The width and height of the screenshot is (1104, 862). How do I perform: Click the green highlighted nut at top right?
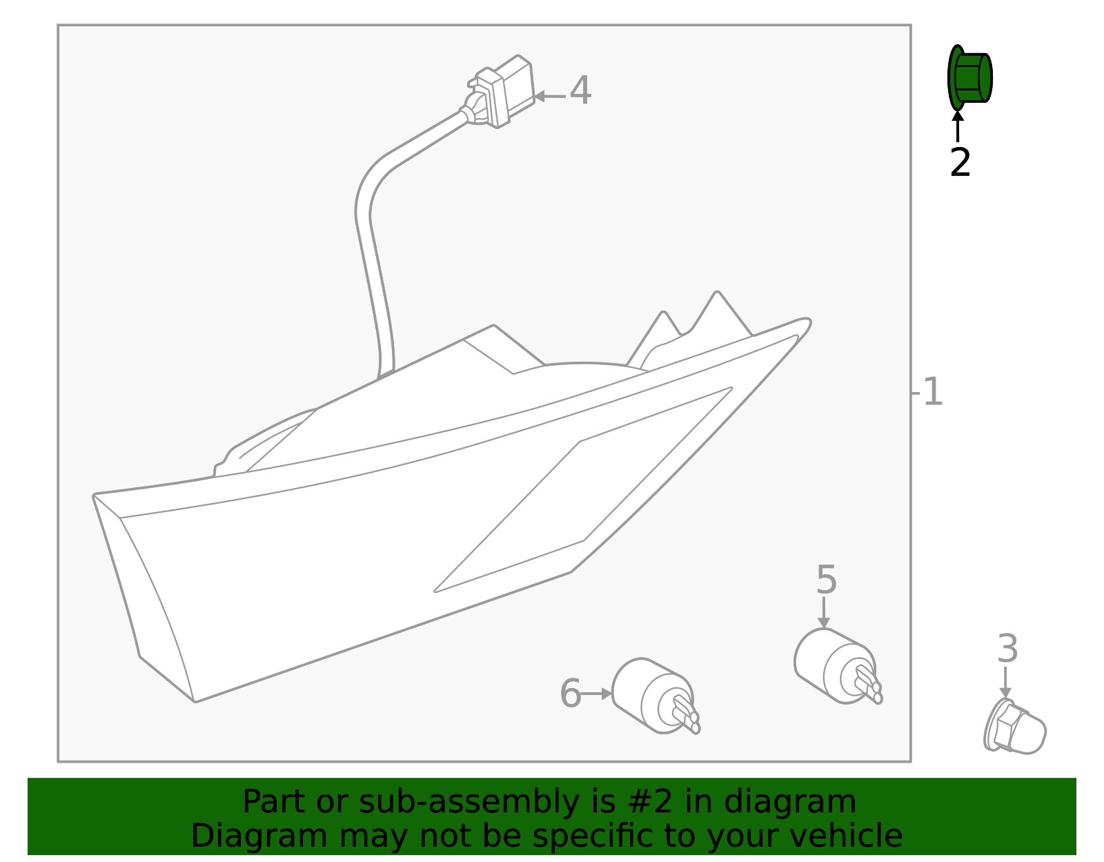click(969, 78)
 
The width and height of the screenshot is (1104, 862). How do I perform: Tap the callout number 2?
click(960, 163)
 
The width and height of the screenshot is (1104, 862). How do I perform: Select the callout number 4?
click(580, 90)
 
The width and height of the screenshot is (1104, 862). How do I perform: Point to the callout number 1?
click(932, 391)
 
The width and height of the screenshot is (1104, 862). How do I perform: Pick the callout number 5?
click(826, 580)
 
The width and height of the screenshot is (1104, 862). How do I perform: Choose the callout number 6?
click(570, 693)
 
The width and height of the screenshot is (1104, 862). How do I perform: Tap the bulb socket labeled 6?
click(655, 696)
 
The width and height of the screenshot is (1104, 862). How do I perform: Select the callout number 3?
click(1007, 649)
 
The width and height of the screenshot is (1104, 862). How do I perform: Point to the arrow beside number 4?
click(550, 96)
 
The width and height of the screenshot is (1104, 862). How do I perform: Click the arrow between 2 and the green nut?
click(958, 126)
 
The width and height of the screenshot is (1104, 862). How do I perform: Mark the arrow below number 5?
click(824, 613)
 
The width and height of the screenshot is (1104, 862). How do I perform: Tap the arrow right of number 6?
click(596, 694)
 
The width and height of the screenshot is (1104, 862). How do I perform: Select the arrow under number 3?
click(1005, 682)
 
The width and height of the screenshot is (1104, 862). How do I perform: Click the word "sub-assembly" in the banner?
click(469, 802)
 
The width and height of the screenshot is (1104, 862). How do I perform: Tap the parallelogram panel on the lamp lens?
click(583, 490)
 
